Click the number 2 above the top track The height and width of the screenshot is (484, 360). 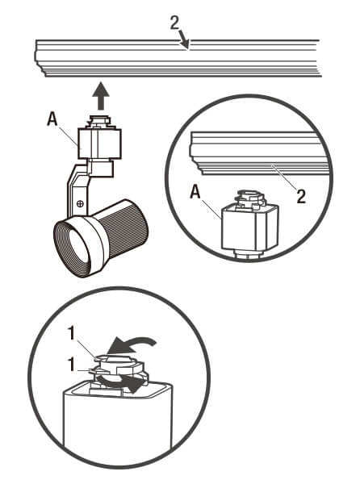tap(174, 23)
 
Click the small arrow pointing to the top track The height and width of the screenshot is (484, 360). tap(184, 40)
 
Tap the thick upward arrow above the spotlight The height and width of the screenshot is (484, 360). tap(101, 95)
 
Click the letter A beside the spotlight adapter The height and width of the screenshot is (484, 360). tap(52, 119)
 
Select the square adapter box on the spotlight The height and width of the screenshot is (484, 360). tap(99, 144)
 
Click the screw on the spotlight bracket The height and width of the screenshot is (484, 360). tap(81, 204)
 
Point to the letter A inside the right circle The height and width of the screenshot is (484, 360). tap(195, 193)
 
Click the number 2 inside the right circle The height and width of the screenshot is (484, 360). tap(301, 196)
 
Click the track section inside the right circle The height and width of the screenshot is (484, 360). tap(259, 153)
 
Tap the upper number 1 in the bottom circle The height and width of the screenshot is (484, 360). tap(71, 333)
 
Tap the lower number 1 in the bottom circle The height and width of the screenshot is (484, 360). tap(71, 365)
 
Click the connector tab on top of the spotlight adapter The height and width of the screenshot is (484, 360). tap(99, 122)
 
